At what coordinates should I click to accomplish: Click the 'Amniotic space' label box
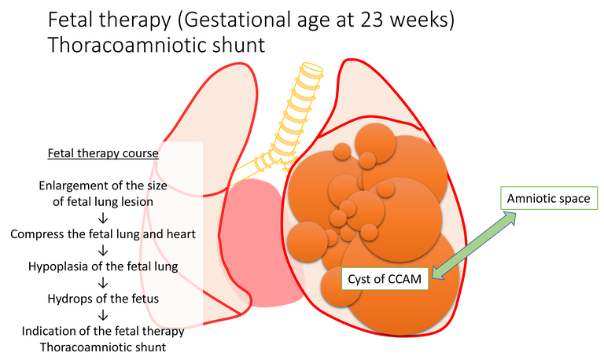click(x=548, y=198)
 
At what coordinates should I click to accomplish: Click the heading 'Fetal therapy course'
click(x=103, y=153)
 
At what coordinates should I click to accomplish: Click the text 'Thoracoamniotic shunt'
click(x=103, y=346)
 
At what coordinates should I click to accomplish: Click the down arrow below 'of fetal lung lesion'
click(x=103, y=218)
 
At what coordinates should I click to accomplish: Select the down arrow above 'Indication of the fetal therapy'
click(x=103, y=314)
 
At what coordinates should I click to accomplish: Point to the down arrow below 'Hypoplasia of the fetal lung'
click(x=103, y=282)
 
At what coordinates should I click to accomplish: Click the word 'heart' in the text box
click(x=179, y=233)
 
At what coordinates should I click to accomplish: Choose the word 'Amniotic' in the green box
click(x=532, y=198)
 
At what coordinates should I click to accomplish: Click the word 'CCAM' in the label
click(x=403, y=277)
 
